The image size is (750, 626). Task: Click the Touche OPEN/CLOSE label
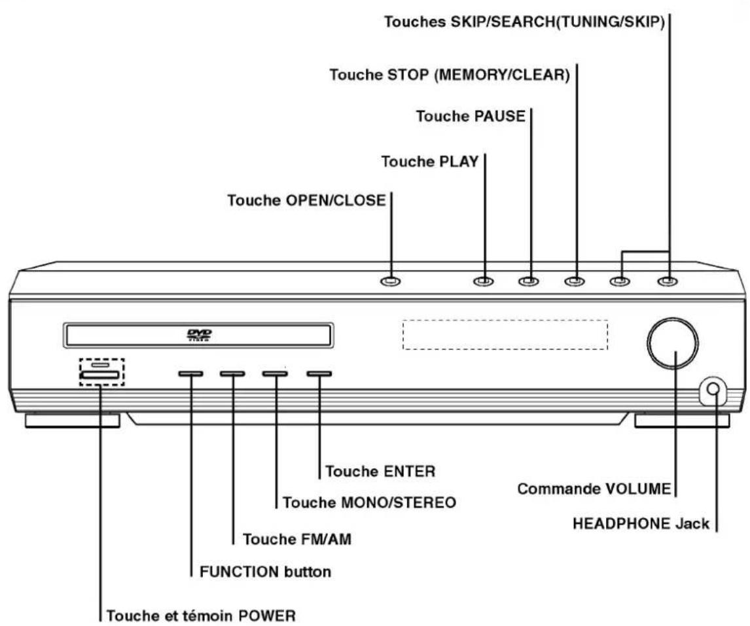coord(306,200)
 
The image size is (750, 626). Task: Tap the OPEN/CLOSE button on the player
coord(390,281)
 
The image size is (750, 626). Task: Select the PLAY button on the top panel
coord(483,281)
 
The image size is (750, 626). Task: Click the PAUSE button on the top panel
coord(529,281)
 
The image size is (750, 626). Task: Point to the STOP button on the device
coord(574,281)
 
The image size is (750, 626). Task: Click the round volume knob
coord(673,343)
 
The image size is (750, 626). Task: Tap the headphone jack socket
coord(713,388)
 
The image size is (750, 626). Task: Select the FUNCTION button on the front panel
coord(190,374)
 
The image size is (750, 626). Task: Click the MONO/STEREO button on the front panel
coord(275,374)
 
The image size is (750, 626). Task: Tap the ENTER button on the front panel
coord(319,374)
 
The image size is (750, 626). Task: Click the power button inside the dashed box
coord(99,375)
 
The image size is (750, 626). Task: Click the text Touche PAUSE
coord(471,116)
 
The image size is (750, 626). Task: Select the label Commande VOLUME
coord(594,489)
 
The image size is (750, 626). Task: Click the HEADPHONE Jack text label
coord(641,524)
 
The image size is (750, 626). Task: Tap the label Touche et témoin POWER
coord(201,616)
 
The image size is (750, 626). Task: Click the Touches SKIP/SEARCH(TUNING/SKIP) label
coord(525,22)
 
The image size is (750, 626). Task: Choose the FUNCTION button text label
coord(266,572)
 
